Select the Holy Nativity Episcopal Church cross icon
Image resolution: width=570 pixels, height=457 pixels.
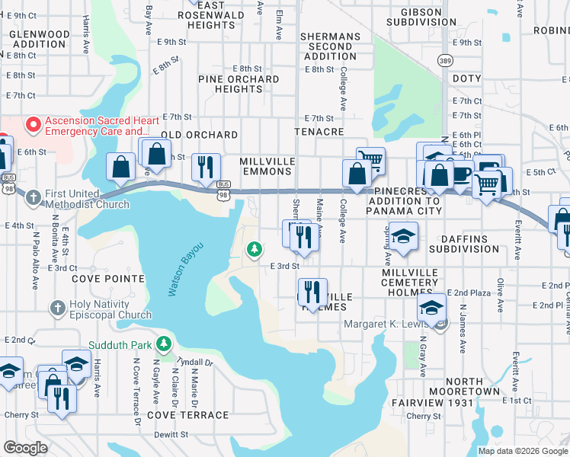pyautogui.click(x=56, y=308)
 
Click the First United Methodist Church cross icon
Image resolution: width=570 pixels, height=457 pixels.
pyautogui.click(x=33, y=197)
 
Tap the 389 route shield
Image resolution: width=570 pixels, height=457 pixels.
pyautogui.click(x=446, y=59)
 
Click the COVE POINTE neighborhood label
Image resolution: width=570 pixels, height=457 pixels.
pyautogui.click(x=107, y=280)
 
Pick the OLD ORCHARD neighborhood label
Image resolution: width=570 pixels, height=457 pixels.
pyautogui.click(x=200, y=135)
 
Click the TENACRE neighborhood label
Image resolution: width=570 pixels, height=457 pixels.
pyautogui.click(x=319, y=132)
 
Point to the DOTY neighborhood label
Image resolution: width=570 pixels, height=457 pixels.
pyautogui.click(x=466, y=79)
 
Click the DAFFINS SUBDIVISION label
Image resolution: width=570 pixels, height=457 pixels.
pyautogui.click(x=463, y=243)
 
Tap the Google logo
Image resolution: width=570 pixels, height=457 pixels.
pyautogui.click(x=26, y=448)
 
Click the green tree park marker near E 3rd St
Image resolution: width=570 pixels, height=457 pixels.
pyautogui.click(x=254, y=249)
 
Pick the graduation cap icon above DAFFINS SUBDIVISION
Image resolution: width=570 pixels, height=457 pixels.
pyautogui.click(x=402, y=232)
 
